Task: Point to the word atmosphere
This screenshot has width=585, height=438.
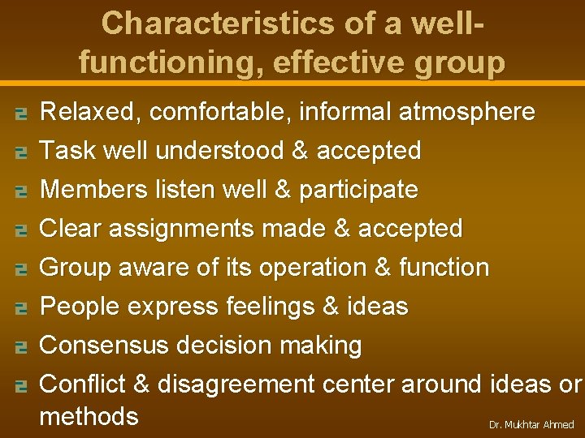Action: (466, 112)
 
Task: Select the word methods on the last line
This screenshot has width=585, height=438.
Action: (89, 417)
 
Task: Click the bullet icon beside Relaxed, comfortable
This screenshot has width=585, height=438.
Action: (22, 114)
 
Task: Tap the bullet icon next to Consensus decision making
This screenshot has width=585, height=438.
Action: (22, 347)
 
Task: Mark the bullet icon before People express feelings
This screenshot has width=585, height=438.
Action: (22, 308)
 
